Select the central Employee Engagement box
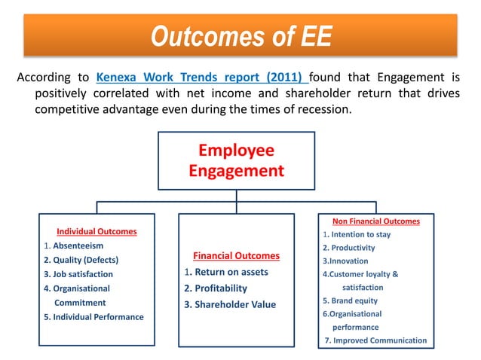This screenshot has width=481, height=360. [236, 160]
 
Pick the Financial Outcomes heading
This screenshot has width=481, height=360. [236, 255]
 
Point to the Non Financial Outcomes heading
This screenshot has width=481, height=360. [376, 221]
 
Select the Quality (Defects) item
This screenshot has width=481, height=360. [81, 260]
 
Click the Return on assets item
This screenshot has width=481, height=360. [226, 272]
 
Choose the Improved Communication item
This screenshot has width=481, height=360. [375, 340]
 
